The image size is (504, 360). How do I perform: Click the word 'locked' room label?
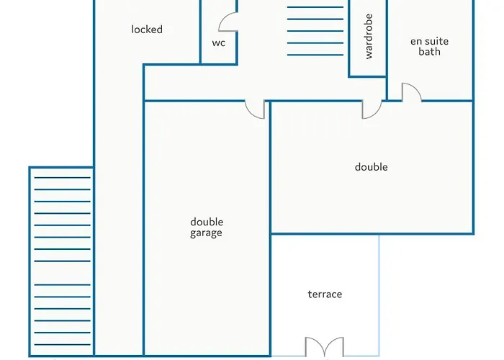[147, 30]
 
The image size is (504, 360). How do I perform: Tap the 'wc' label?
[219, 42]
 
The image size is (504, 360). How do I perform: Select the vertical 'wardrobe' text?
[369, 36]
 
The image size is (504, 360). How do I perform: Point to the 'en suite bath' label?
[429, 46]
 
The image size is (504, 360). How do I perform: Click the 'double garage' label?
[207, 228]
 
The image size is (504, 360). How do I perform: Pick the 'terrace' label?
[325, 294]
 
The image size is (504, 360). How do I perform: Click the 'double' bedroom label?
[372, 167]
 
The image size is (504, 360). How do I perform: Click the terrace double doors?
[324, 346]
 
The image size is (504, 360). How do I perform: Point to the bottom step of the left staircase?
[63, 345]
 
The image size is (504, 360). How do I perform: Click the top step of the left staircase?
[63, 177]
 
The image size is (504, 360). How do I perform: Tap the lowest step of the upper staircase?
[315, 55]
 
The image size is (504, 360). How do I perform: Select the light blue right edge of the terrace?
[379, 295]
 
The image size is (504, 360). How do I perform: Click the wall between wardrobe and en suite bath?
[387, 39]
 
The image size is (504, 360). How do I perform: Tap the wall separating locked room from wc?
[201, 32]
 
